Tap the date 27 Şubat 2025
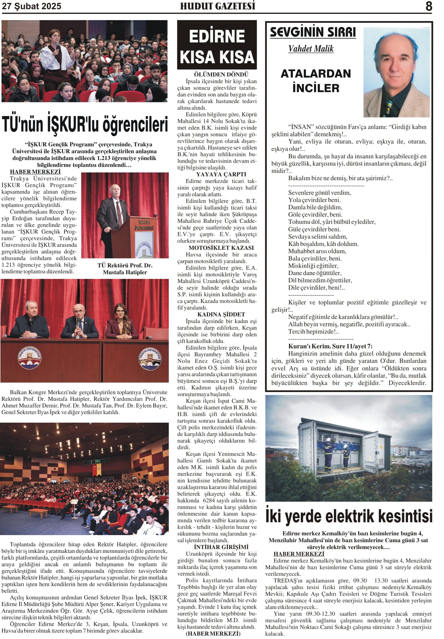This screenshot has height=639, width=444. coord(31,6)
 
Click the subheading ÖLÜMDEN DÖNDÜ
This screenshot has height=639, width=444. coord(221,75)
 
